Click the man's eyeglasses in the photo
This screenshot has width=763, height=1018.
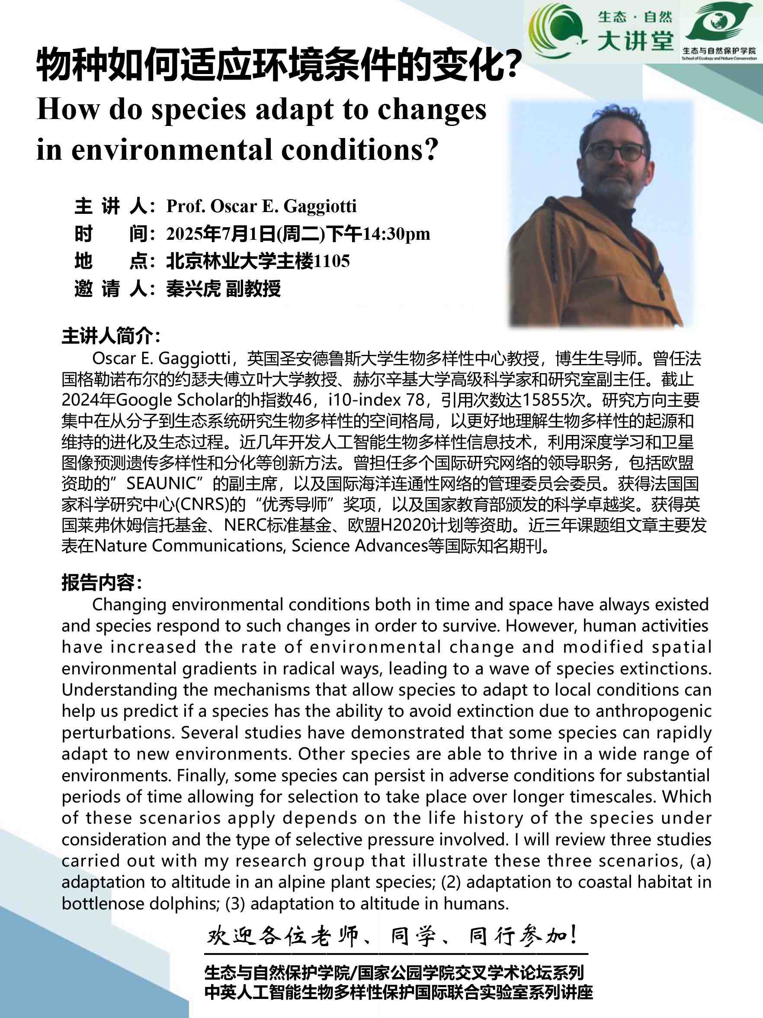(x=616, y=151)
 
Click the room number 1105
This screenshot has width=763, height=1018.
(x=332, y=261)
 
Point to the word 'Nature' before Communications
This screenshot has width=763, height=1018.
(x=121, y=546)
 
